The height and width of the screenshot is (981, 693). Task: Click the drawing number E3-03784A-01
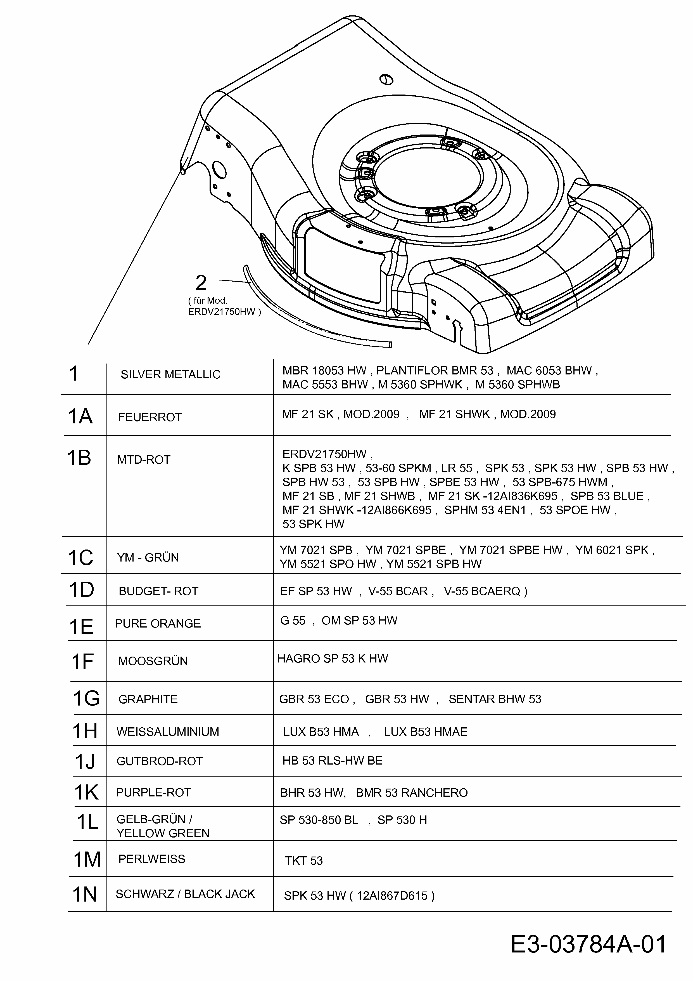[588, 944]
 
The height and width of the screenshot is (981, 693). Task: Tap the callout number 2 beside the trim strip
[201, 283]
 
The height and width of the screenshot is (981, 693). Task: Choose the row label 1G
[86, 699]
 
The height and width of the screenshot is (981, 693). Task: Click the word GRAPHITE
[148, 699]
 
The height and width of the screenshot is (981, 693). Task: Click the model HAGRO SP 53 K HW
[332, 658]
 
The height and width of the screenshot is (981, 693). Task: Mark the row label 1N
[85, 894]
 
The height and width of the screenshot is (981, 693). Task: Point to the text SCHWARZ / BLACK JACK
[185, 894]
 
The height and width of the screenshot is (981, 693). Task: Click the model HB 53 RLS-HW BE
[332, 761]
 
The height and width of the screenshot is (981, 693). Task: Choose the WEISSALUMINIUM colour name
[167, 732]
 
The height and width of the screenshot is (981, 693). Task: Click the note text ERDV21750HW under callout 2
[224, 312]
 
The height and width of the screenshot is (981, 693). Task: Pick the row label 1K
[86, 793]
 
